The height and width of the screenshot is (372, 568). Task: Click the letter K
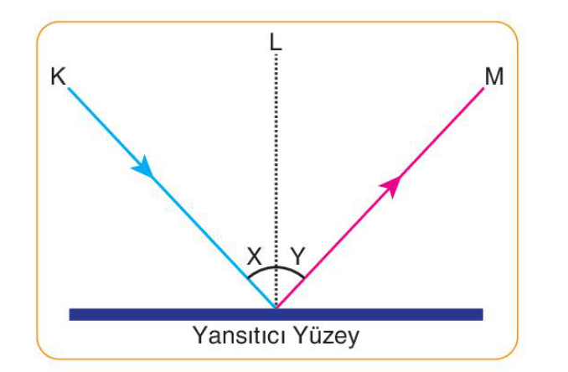coord(59,76)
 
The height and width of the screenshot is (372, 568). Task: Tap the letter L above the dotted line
coord(276,42)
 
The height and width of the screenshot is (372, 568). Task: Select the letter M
coord(494,76)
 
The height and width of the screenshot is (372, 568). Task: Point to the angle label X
coord(255,256)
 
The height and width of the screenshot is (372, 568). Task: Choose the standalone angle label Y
coord(298,256)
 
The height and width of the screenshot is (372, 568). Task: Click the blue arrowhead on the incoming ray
coord(143,167)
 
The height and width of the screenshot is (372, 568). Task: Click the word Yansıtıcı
coord(240,336)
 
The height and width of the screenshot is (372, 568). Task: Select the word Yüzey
coord(326,336)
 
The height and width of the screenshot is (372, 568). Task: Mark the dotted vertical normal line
coord(276,181)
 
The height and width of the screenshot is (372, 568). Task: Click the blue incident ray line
coord(172,198)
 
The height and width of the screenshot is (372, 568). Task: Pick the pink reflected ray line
coord(380,198)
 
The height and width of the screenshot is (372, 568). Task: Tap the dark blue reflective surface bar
coord(276,314)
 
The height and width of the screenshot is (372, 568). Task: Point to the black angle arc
coord(276,267)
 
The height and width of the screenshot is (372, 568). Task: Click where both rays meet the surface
coord(276,308)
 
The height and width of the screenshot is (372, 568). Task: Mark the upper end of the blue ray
coord(69,88)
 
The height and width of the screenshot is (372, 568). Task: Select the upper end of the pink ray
coord(483,88)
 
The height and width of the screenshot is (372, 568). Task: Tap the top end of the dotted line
coord(276,54)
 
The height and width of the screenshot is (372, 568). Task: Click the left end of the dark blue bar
coord(70,314)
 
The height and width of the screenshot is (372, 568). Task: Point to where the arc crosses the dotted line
coord(276,267)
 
